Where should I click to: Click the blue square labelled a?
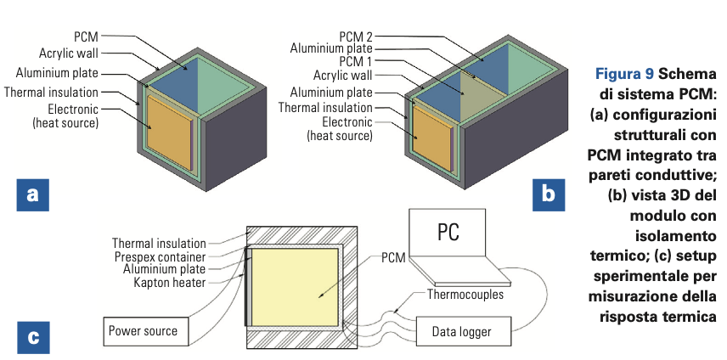32,194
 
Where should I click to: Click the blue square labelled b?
548,194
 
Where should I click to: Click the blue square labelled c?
32,337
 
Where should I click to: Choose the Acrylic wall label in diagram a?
68,53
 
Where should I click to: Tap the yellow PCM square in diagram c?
297,289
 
